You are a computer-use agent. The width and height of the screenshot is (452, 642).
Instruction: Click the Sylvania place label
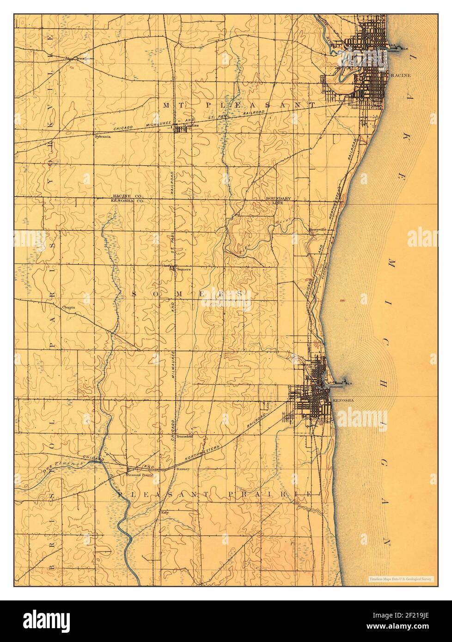[x=102, y=136]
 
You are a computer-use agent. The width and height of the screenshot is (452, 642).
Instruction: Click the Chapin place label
[x=68, y=306]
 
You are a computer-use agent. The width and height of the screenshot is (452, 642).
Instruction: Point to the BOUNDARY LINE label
[x=278, y=200]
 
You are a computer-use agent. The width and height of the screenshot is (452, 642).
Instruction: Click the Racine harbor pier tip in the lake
[x=401, y=47]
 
